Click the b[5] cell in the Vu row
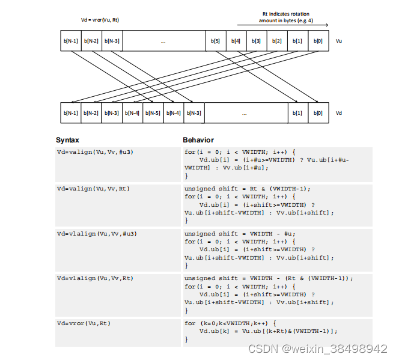[216, 41]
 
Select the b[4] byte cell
[236, 41]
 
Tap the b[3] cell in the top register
[257, 41]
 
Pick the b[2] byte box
[277, 41]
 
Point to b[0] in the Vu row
[318, 41]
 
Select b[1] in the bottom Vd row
[297, 112]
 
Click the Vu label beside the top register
[339, 41]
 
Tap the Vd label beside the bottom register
[339, 112]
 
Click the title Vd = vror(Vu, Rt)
[100, 20]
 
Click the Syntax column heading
[67, 140]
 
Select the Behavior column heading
[198, 140]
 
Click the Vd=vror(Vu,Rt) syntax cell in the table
[84, 323]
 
